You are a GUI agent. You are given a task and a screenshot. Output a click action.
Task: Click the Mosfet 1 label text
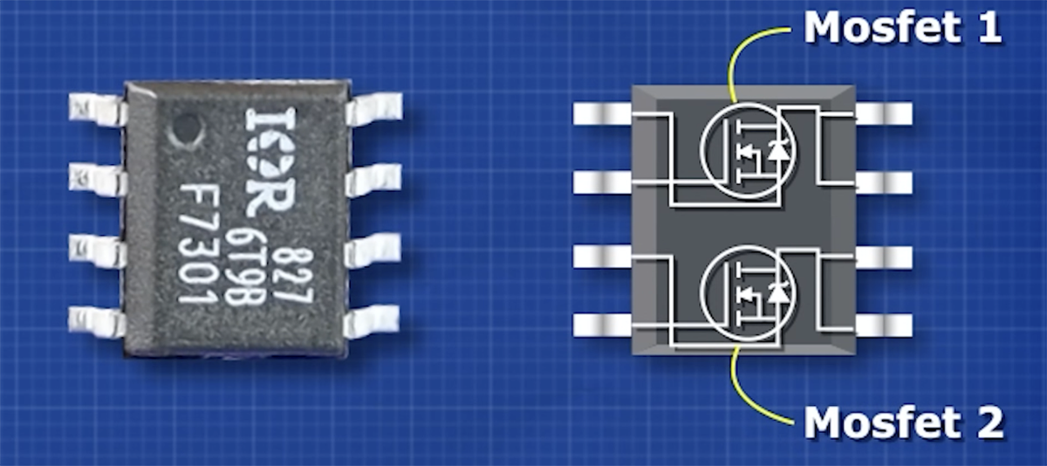pos(902,28)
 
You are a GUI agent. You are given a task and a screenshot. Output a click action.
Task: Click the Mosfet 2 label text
pos(904,422)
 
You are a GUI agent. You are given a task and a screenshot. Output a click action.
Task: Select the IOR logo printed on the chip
pos(271,162)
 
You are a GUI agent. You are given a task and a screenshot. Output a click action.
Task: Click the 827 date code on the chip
pos(297,276)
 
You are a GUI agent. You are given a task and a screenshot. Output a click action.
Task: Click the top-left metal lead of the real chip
pos(97,109)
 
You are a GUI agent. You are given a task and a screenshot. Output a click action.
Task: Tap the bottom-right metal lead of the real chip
pos(372,321)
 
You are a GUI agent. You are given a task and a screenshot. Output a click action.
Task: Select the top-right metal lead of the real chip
pos(373,109)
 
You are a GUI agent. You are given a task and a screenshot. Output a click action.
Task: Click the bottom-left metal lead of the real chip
pos(97,322)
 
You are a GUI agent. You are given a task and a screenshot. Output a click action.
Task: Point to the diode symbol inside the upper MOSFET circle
pos(778,150)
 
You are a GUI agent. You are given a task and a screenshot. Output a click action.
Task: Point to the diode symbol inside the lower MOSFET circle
pos(778,294)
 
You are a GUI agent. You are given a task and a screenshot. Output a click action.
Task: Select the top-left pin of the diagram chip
pos(603,113)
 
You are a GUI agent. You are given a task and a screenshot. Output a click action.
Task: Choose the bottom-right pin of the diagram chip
pos(884,326)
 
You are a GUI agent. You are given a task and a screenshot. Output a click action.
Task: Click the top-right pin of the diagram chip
pos(884,113)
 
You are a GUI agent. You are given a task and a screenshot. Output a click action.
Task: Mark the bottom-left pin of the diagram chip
pos(603,326)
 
